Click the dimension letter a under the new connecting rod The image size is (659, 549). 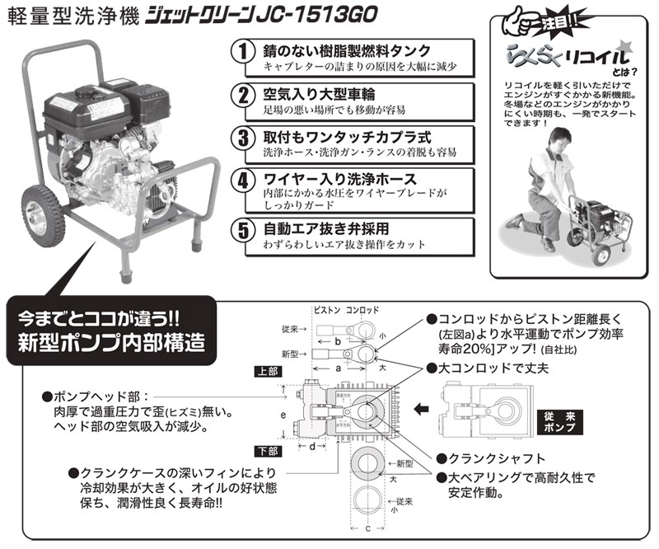(x=338, y=371)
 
